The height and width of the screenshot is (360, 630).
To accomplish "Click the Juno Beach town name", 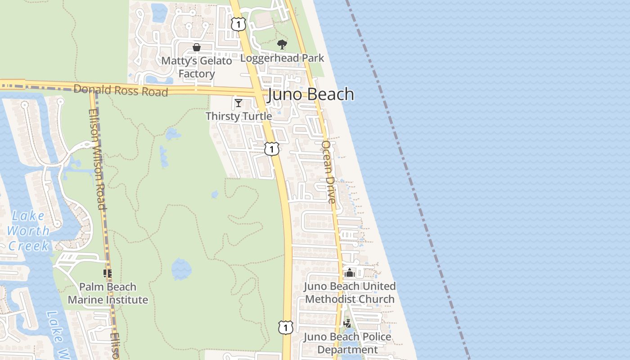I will point(311,94).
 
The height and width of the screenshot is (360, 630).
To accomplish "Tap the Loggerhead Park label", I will point(282,58).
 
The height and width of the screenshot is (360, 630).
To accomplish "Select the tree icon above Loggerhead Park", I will point(282,44).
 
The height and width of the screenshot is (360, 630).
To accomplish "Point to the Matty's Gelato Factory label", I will point(197,67).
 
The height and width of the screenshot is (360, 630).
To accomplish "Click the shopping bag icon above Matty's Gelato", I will point(197,47).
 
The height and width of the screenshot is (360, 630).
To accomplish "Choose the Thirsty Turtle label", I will point(238,116).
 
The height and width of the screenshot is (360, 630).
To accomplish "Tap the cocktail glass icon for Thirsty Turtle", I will point(238,103).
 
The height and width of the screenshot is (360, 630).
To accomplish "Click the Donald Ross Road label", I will point(121,90).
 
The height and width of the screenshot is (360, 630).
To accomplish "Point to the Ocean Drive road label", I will point(329,172).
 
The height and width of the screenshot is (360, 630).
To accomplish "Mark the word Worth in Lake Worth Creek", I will point(28,231).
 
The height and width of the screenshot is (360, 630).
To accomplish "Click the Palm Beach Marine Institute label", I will point(108,293).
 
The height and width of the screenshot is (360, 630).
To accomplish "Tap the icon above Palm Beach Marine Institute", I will point(108,273).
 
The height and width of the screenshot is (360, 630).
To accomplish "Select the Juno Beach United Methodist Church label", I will point(350,292).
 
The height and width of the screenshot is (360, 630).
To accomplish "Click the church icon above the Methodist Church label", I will point(350,273).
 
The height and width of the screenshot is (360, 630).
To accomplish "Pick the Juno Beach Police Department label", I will point(347,343).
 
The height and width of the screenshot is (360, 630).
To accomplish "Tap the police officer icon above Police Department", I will point(347,323).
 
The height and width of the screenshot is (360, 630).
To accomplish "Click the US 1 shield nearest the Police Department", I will point(285,327).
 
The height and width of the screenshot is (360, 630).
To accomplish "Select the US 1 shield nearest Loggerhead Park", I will point(238,24).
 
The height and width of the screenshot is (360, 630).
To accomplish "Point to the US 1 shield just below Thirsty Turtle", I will point(271,149).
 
